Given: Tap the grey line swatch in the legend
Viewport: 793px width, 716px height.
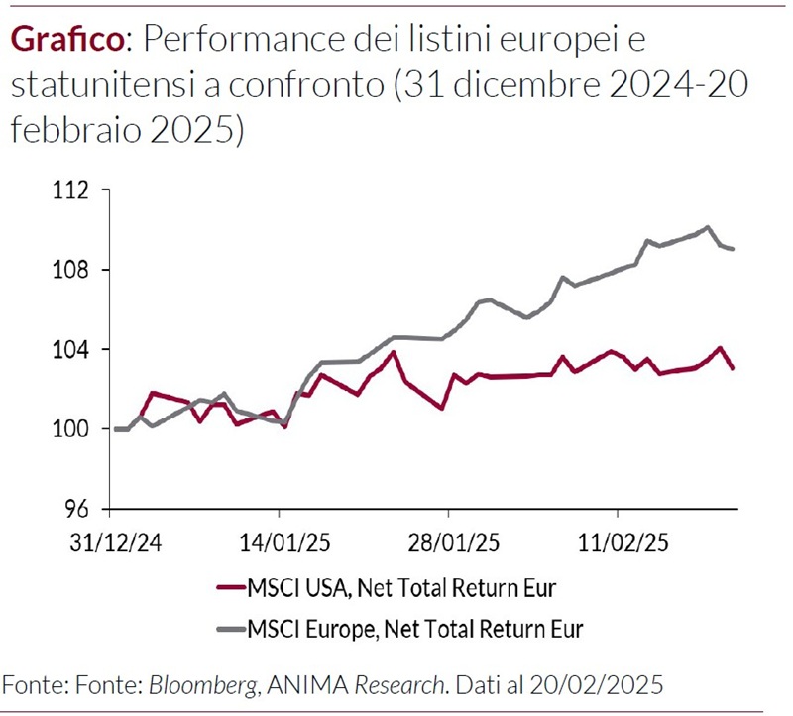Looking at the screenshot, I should click(230, 627).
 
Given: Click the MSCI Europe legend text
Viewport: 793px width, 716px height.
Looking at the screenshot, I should click(415, 627).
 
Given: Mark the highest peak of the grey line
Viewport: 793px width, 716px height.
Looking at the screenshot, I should click(707, 227).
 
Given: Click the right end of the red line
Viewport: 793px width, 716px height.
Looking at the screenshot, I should click(733, 368).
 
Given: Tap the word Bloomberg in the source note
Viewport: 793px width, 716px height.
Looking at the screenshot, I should click(198, 684).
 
